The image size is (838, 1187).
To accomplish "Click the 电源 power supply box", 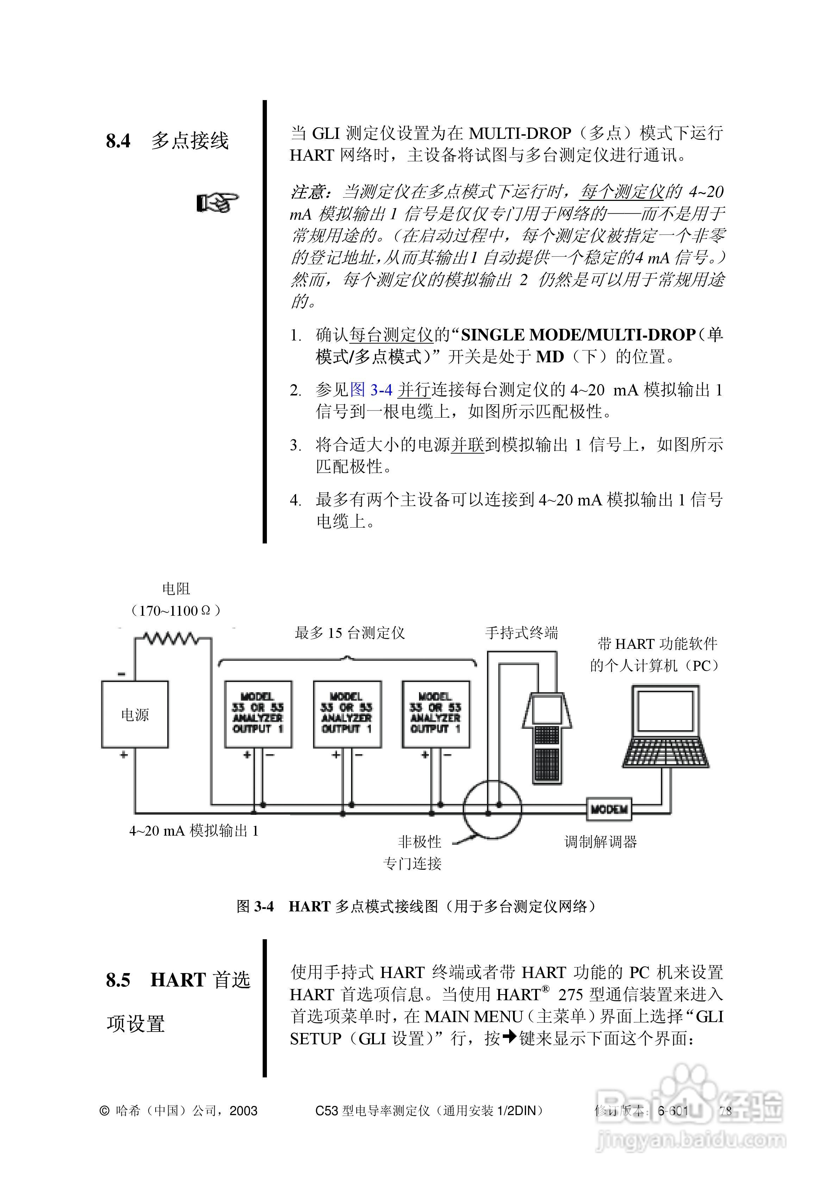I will tap(135, 714).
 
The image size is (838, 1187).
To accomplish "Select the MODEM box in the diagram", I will tap(609, 809).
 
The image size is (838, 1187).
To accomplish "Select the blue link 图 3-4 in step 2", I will tap(371, 389).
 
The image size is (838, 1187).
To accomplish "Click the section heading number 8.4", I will tap(118, 141).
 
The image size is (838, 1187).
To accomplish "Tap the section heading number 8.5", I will tap(118, 980).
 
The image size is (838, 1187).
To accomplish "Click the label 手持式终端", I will tap(521, 632).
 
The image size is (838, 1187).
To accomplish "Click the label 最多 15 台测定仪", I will tap(349, 632).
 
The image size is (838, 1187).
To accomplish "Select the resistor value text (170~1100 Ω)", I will tap(176, 610).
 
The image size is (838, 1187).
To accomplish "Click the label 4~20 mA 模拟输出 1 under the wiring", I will tap(193, 831).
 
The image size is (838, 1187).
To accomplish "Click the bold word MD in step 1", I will tap(549, 357).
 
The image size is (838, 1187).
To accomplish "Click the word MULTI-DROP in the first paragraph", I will tap(520, 133).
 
